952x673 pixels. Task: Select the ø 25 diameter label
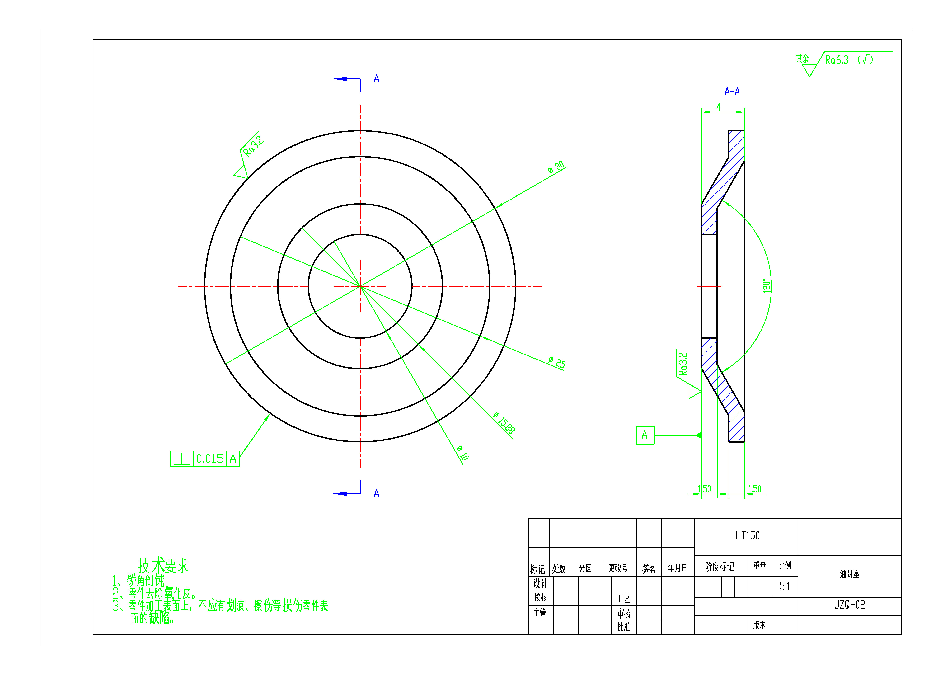point(557,362)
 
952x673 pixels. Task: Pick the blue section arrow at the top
point(341,79)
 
